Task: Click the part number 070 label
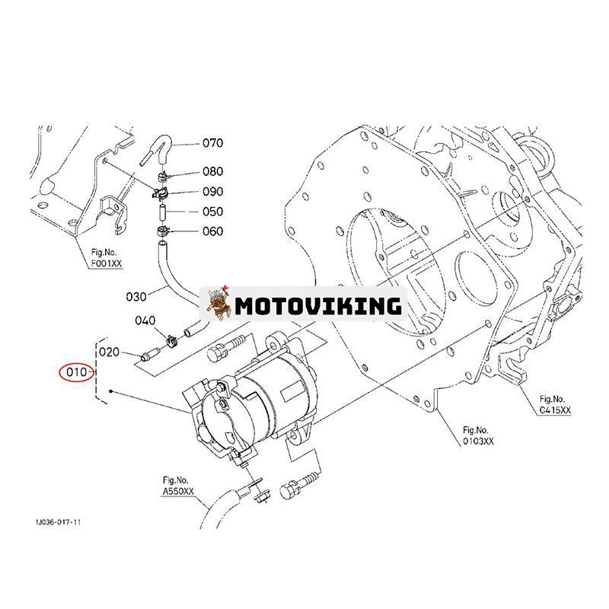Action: pyautogui.click(x=212, y=143)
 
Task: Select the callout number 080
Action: pyautogui.click(x=212, y=172)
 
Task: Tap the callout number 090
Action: pyautogui.click(x=212, y=192)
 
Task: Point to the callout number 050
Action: pyautogui.click(x=212, y=212)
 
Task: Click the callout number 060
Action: pyautogui.click(x=212, y=231)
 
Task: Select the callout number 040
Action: pyautogui.click(x=145, y=320)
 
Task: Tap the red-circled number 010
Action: pyautogui.click(x=77, y=373)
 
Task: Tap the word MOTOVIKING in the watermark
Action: pyautogui.click(x=317, y=305)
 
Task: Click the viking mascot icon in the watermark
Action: pyautogui.click(x=219, y=304)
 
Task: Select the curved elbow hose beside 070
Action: pyautogui.click(x=158, y=146)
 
